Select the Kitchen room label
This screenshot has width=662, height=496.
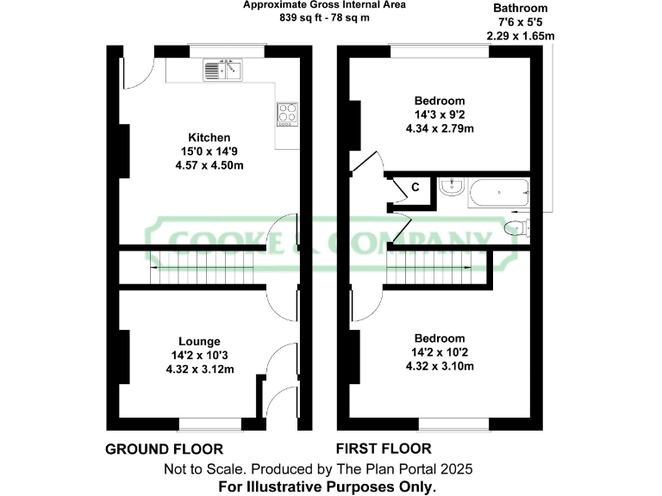point(209,137)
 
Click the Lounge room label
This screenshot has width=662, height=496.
point(199,341)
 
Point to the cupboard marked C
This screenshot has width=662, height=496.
point(415,187)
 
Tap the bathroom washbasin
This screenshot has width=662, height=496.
point(452,189)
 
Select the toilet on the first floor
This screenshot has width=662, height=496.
point(518,227)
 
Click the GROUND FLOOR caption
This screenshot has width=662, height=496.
point(164,449)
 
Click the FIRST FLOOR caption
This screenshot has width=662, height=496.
point(384,449)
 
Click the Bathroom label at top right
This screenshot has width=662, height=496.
point(520,9)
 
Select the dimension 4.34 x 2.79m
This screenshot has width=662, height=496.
point(440,128)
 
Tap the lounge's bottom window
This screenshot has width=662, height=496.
point(209,424)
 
